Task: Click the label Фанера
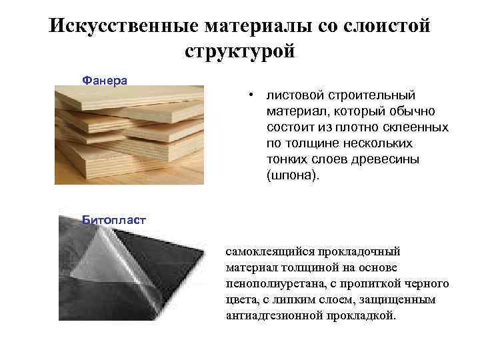(104, 80)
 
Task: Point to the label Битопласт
(113, 219)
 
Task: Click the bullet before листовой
(252, 96)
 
